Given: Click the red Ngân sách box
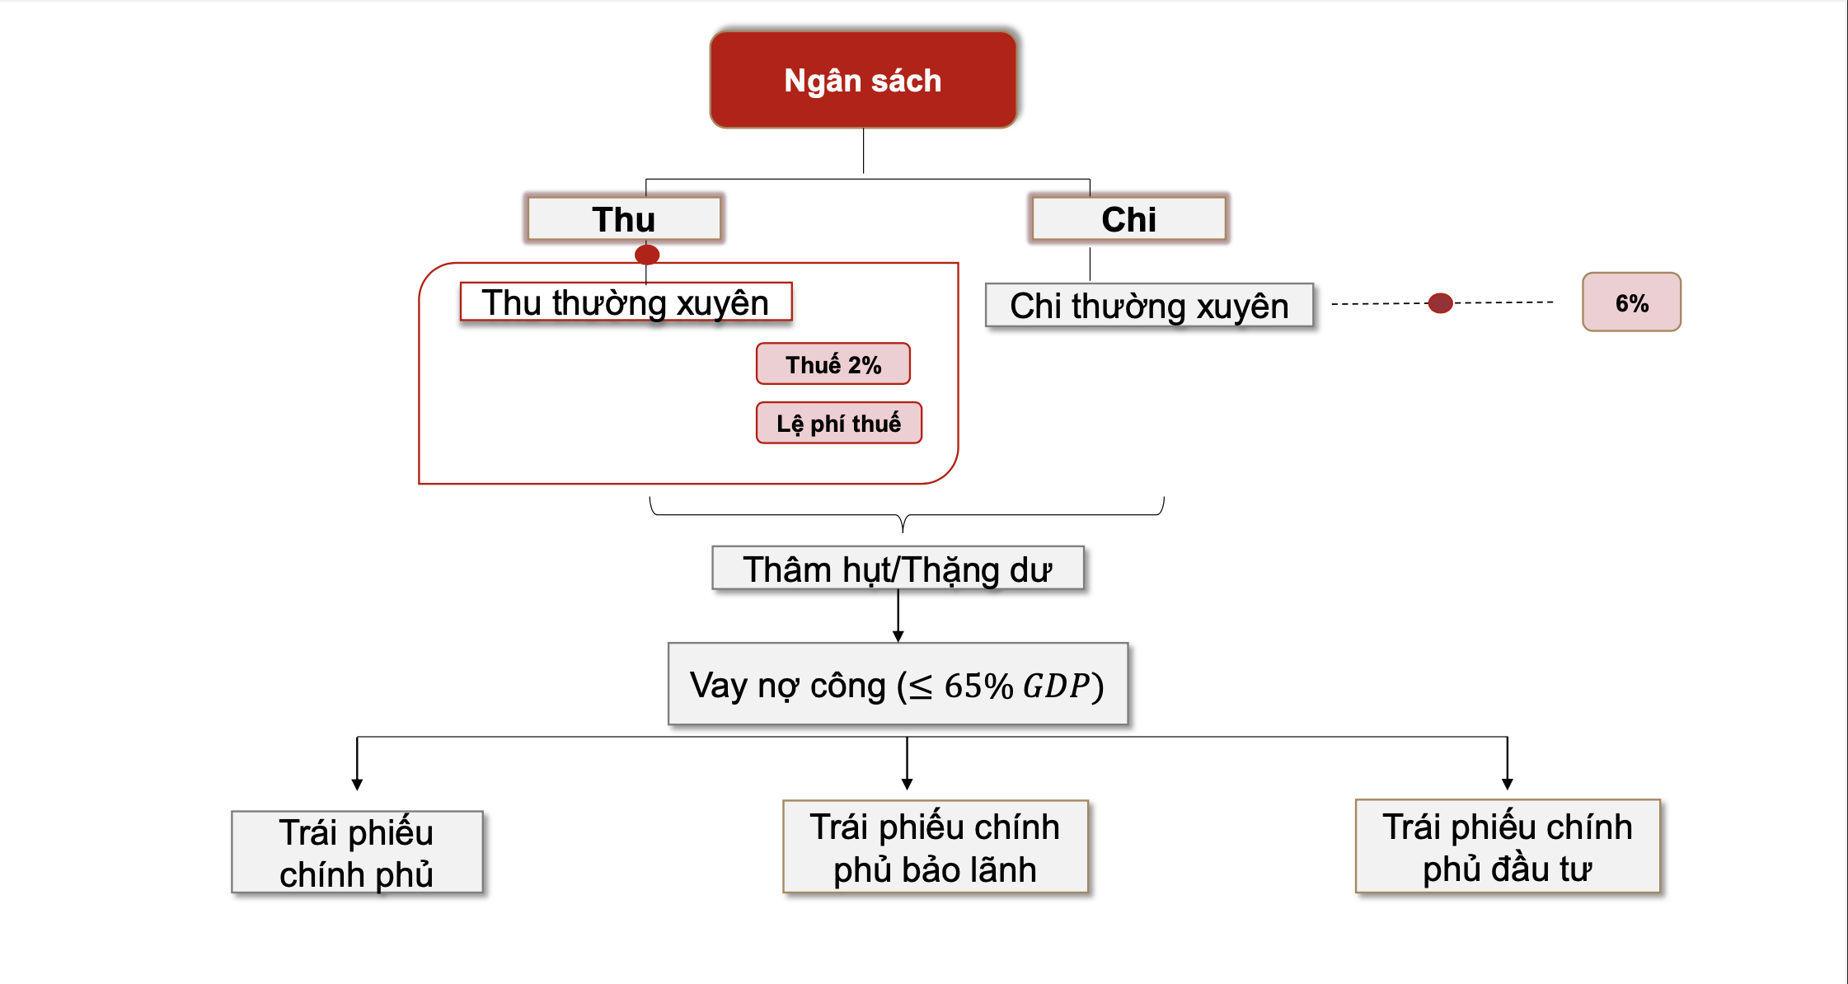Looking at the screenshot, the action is coord(863,80).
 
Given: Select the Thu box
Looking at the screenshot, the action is coord(624,219).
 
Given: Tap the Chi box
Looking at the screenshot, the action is coord(1128,219).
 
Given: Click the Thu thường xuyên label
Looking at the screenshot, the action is coord(626,302).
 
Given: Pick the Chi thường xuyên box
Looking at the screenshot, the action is coord(1149,306).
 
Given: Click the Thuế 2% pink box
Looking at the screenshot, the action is coord(833,364).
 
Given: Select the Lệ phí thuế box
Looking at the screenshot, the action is coord(839,423).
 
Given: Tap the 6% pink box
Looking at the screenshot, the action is coord(1631,302).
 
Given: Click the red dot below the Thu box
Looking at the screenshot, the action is coord(647,255).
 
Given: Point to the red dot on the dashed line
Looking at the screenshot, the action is coord(1440,303).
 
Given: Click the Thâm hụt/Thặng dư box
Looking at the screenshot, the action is coord(898,569).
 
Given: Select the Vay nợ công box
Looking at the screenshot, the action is coord(898,684).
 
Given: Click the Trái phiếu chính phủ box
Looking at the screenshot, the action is coord(357,852).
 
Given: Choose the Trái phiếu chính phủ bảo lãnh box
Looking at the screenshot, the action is coord(936,847).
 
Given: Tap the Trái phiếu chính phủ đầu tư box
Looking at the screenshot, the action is coord(1508,846).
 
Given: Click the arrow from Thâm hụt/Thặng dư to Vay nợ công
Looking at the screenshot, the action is coord(898,616).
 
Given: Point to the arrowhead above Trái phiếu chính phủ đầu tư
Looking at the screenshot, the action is coord(1508,784).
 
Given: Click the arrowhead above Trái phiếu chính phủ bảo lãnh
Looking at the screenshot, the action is coord(908,784).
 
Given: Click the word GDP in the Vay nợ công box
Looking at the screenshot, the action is coord(1056,686).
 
